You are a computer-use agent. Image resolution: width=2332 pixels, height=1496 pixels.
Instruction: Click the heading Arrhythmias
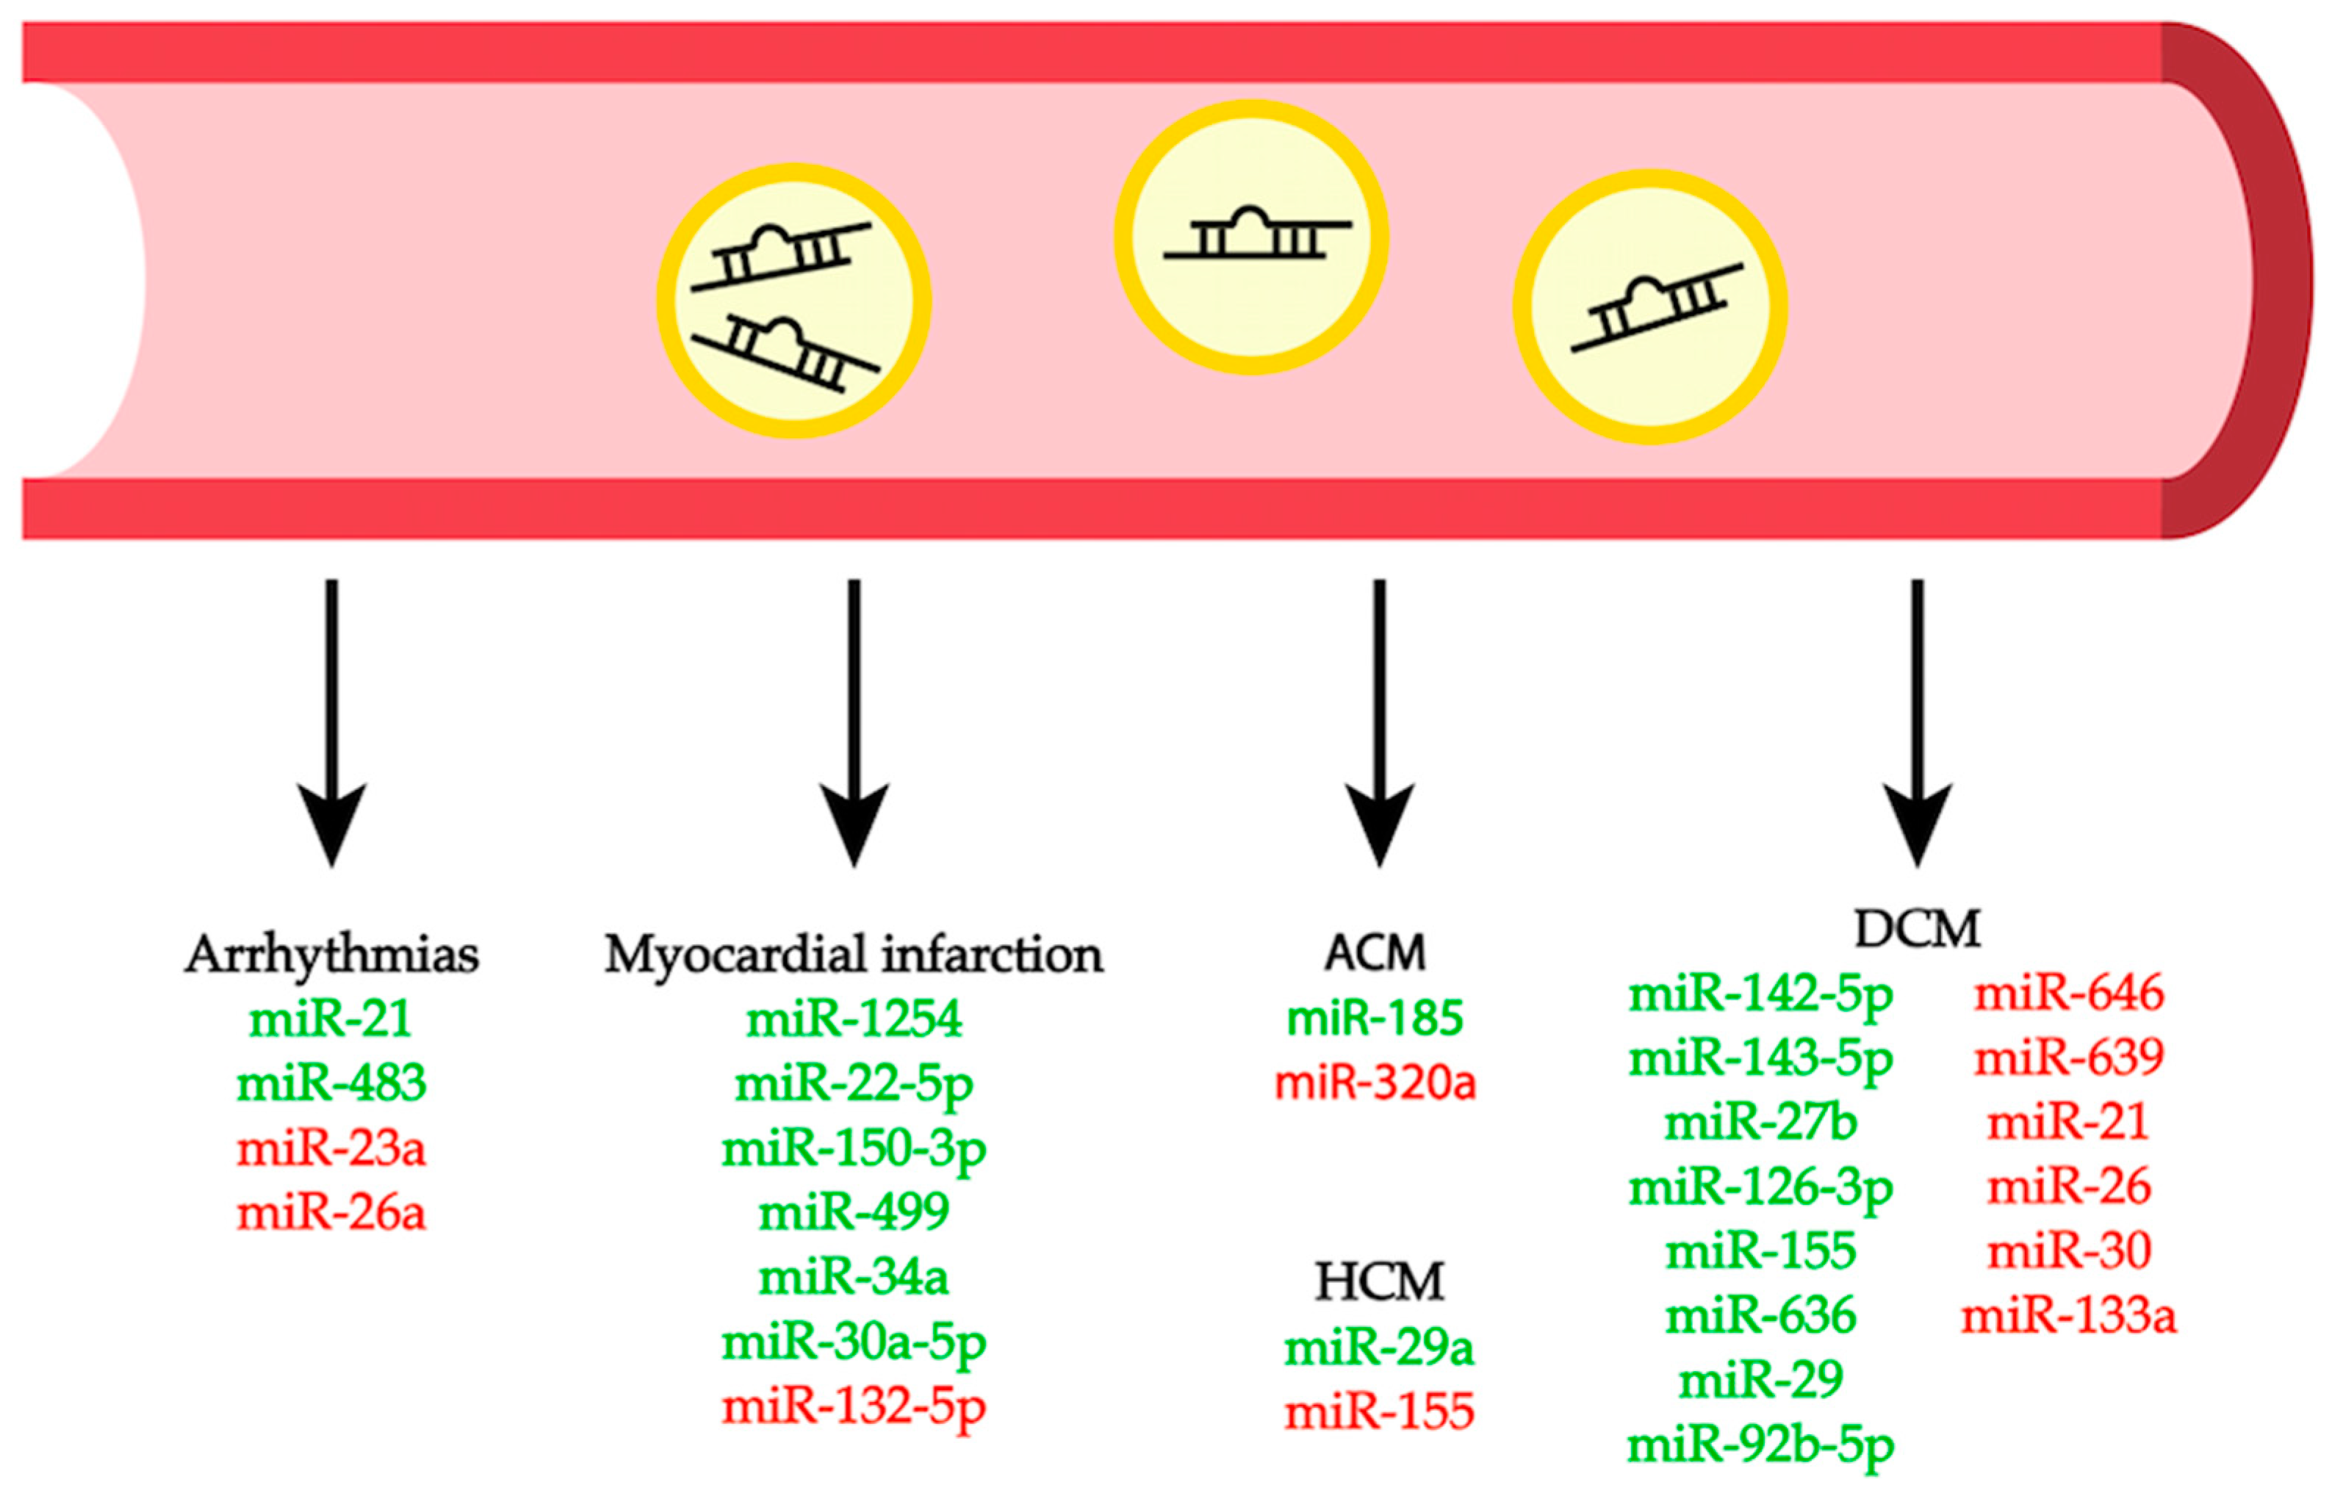pos(331,955)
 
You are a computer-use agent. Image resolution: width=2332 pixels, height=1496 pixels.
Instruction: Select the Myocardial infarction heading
pos(853,955)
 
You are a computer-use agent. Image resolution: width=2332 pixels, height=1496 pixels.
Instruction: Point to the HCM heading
pos(1378,1282)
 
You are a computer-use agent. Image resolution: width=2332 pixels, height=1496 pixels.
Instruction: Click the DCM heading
pos(1915,929)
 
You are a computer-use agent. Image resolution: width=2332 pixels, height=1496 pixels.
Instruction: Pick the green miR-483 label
pos(331,1083)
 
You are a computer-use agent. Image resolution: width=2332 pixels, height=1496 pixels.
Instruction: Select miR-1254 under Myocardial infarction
pos(853,1019)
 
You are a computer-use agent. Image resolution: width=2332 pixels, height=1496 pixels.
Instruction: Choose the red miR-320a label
pos(1375,1082)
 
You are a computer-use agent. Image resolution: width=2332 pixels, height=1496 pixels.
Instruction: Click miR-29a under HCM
pos(1378,1348)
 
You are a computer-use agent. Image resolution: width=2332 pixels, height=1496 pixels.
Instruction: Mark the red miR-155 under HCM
pos(1378,1412)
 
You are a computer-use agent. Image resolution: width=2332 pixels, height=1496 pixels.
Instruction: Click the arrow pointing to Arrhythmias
pos(331,719)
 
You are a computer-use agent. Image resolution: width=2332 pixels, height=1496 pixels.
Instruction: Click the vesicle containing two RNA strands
pos(793,301)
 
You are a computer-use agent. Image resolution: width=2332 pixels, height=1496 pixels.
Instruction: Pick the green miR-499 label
pos(853,1212)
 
